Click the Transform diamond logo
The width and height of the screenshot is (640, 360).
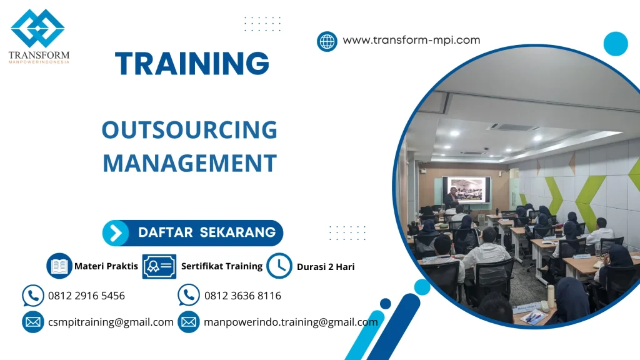pyautogui.click(x=37, y=28)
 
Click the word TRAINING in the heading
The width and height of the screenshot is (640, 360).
pyautogui.click(x=192, y=63)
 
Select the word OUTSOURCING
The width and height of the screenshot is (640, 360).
pyautogui.click(x=189, y=130)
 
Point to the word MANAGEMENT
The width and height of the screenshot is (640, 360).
pyautogui.click(x=190, y=163)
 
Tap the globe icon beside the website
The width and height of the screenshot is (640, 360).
pyautogui.click(x=327, y=42)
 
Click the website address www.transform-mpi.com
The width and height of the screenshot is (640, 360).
pyautogui.click(x=411, y=40)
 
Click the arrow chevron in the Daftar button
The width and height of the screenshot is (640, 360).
pyautogui.click(x=116, y=233)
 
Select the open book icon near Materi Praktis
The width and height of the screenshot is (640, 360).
pyautogui.click(x=59, y=266)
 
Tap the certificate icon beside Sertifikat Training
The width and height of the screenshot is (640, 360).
pyautogui.click(x=159, y=266)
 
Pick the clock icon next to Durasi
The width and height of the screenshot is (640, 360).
pyautogui.click(x=279, y=266)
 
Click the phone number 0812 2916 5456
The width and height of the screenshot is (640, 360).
pyautogui.click(x=86, y=296)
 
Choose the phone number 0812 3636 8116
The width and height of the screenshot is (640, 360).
pyautogui.click(x=243, y=296)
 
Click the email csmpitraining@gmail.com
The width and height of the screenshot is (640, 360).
pyautogui.click(x=111, y=322)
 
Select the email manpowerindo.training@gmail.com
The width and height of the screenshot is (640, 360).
pyautogui.click(x=291, y=322)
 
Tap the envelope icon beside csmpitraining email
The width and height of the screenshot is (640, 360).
pyautogui.click(x=33, y=322)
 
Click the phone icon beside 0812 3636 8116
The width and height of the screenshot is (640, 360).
pyautogui.click(x=189, y=295)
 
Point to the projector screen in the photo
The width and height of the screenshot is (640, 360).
pyautogui.click(x=466, y=190)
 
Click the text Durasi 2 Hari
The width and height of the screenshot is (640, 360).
pyautogui.click(x=326, y=266)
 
